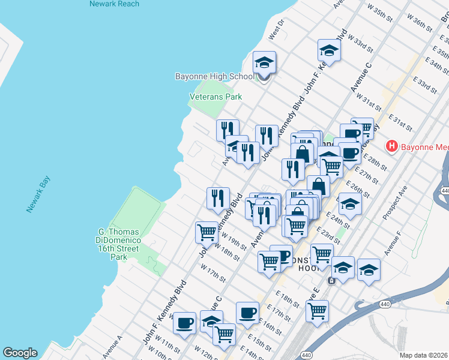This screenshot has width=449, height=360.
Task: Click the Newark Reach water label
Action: point(114,4)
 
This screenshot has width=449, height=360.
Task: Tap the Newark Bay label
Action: point(38,194)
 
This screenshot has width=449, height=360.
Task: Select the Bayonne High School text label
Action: point(215,77)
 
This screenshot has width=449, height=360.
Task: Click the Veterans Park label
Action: point(215,96)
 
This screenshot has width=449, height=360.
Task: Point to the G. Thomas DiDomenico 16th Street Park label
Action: point(119,244)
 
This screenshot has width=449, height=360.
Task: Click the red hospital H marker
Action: point(392,146)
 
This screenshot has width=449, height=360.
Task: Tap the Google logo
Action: point(20,353)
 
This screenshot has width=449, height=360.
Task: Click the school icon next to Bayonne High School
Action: point(264,63)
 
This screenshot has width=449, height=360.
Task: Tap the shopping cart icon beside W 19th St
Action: point(206,232)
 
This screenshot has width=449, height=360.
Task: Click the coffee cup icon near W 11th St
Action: point(184,323)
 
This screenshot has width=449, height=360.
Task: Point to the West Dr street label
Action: point(276,33)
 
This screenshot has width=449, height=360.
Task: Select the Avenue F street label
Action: point(394,239)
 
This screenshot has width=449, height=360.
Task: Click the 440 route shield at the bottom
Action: point(306,355)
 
